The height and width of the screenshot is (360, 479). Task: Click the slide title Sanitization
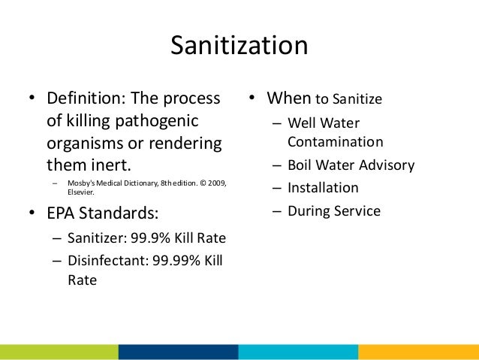239,47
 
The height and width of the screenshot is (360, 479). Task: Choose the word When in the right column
289,99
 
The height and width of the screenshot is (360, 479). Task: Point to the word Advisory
386,165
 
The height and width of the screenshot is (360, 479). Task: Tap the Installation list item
322,188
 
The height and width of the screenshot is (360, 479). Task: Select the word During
309,211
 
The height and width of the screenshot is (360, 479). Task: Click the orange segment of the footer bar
418,352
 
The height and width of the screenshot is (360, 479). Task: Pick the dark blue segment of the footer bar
178,352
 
